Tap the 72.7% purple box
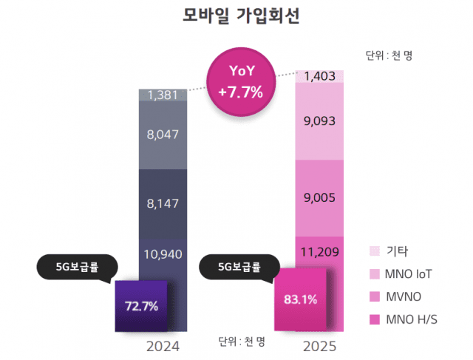[x=142, y=305]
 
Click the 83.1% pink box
[x=300, y=299]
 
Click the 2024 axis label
[x=163, y=345]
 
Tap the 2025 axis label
[x=319, y=345]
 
